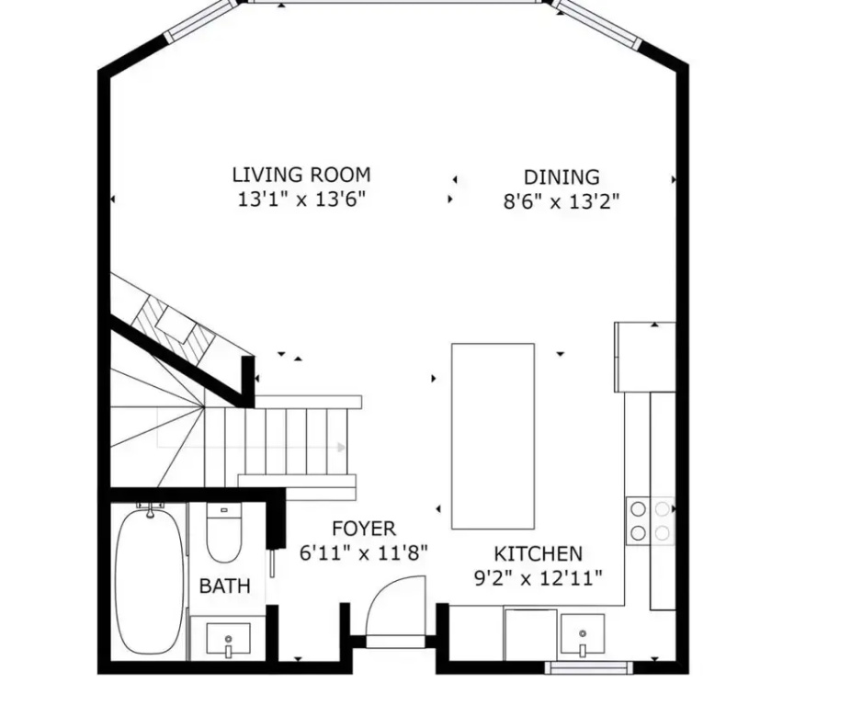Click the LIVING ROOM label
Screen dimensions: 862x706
pos(301,175)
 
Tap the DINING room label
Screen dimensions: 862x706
pos(561,177)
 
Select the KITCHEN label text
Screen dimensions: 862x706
pos(538,553)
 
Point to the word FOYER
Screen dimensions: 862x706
pos(363,529)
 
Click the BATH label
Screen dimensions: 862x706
pos(225,586)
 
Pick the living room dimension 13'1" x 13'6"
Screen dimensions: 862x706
pos(301,199)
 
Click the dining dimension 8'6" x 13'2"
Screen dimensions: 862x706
pos(561,202)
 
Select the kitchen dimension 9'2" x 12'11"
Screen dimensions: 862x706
pos(538,578)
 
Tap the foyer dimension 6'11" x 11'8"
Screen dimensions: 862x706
pos(363,553)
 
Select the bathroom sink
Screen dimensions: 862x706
pos(228,640)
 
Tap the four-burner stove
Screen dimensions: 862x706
pos(651,520)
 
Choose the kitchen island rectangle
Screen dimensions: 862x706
pos(493,436)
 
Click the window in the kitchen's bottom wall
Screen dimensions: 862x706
pos(588,668)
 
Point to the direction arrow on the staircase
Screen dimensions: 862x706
pos(251,447)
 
